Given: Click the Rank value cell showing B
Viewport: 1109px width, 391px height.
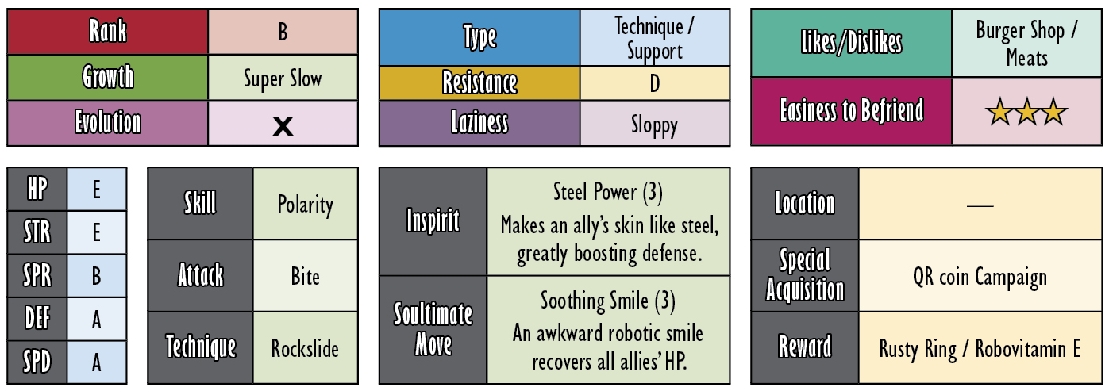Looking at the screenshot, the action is pyautogui.click(x=283, y=32).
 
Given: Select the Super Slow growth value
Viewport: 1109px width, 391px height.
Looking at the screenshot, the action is pyautogui.click(x=283, y=79).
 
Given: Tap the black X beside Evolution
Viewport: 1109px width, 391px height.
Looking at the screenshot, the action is pyautogui.click(x=283, y=126).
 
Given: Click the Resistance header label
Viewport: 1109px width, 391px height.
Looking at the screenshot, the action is pyautogui.click(x=479, y=82).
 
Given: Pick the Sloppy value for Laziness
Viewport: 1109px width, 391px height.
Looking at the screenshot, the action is pyautogui.click(x=654, y=125).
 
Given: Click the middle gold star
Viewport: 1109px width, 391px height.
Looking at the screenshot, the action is pyautogui.click(x=1026, y=112).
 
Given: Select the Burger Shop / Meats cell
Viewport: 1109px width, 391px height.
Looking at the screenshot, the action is pyautogui.click(x=1026, y=44).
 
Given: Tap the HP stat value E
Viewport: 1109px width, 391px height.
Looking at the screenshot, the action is pyautogui.click(x=97, y=190).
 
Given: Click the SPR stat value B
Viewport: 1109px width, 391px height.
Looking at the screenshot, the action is pyautogui.click(x=97, y=276).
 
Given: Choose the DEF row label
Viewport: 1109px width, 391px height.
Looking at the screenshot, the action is pyautogui.click(x=37, y=319).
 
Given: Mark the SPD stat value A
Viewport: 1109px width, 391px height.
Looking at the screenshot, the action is pyautogui.click(x=97, y=362).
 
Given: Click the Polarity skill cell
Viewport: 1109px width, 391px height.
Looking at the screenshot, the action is pyautogui.click(x=305, y=204).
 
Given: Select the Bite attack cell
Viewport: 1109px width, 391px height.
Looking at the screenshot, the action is pyautogui.click(x=305, y=276).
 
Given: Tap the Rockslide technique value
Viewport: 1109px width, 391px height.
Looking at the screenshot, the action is pyautogui.click(x=305, y=349).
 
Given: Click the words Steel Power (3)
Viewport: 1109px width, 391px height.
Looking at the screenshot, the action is pyautogui.click(x=607, y=192).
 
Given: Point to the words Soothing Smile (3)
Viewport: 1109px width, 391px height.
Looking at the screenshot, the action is pyautogui.click(x=607, y=301).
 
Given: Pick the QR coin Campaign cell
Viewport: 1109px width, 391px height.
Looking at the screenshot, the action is pyautogui.click(x=980, y=276).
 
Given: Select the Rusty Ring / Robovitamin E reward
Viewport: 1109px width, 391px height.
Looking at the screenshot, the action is pyautogui.click(x=980, y=349).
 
